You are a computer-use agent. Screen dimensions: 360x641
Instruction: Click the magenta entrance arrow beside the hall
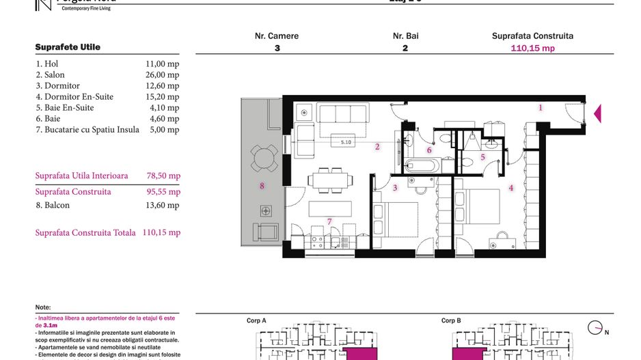click(x=597, y=113)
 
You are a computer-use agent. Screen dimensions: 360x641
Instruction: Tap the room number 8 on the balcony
click(x=261, y=185)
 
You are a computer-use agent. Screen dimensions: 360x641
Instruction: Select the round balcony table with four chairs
click(x=264, y=158)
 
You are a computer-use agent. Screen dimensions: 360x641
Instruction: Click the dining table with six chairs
click(x=331, y=180)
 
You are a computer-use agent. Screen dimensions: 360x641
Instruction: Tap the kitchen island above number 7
click(x=330, y=207)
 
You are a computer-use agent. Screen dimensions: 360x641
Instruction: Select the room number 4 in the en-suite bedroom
click(x=510, y=188)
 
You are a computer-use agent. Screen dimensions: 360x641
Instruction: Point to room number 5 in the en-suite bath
click(x=482, y=157)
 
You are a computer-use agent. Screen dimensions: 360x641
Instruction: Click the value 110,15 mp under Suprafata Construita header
click(x=532, y=49)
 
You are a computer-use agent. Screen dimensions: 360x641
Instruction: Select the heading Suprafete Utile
click(x=68, y=47)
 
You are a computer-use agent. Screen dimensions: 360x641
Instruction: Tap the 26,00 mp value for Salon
click(x=163, y=75)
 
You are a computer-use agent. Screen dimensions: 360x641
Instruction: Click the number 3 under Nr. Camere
click(x=277, y=49)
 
